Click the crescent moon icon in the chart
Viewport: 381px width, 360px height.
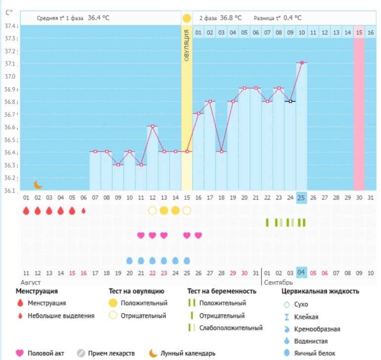pos(38,184)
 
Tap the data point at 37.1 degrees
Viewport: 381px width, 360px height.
pos(301,63)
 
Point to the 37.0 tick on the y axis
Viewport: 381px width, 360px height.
pos(10,77)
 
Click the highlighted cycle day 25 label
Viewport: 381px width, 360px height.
pos(301,198)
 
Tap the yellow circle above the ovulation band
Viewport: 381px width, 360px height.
pos(187,19)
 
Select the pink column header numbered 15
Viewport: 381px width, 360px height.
pos(359,32)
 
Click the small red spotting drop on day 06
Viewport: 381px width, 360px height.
pos(83,210)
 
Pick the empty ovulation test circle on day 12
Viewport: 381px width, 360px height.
pos(152,210)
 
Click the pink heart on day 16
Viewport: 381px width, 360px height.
pos(198,235)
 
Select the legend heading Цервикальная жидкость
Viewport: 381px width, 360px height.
pos(320,291)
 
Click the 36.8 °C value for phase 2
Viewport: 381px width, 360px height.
pos(231,18)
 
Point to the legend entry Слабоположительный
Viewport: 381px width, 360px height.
pos(231,327)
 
